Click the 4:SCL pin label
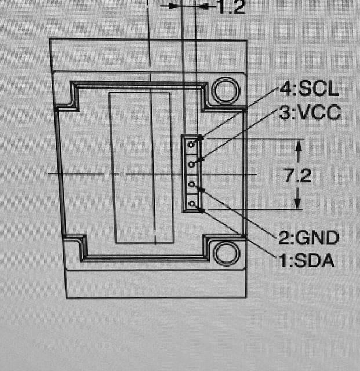(x=309, y=89)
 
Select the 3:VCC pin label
(x=310, y=112)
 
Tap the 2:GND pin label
(x=308, y=238)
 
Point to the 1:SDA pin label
(x=307, y=260)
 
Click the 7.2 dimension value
(x=298, y=175)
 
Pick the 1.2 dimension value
(x=231, y=7)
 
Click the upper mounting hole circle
(x=226, y=90)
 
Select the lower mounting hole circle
(x=226, y=253)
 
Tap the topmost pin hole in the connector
(x=191, y=144)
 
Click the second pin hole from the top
(x=191, y=164)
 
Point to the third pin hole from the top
(x=192, y=184)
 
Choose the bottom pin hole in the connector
(x=192, y=203)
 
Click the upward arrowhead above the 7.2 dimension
(x=299, y=146)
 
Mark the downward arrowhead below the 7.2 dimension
(x=297, y=203)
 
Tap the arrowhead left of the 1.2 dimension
(x=174, y=6)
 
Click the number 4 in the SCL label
(x=285, y=89)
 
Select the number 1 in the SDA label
(x=283, y=260)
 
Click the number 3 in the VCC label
(x=285, y=112)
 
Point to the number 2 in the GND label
(x=284, y=238)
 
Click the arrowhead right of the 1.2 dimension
(x=204, y=6)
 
